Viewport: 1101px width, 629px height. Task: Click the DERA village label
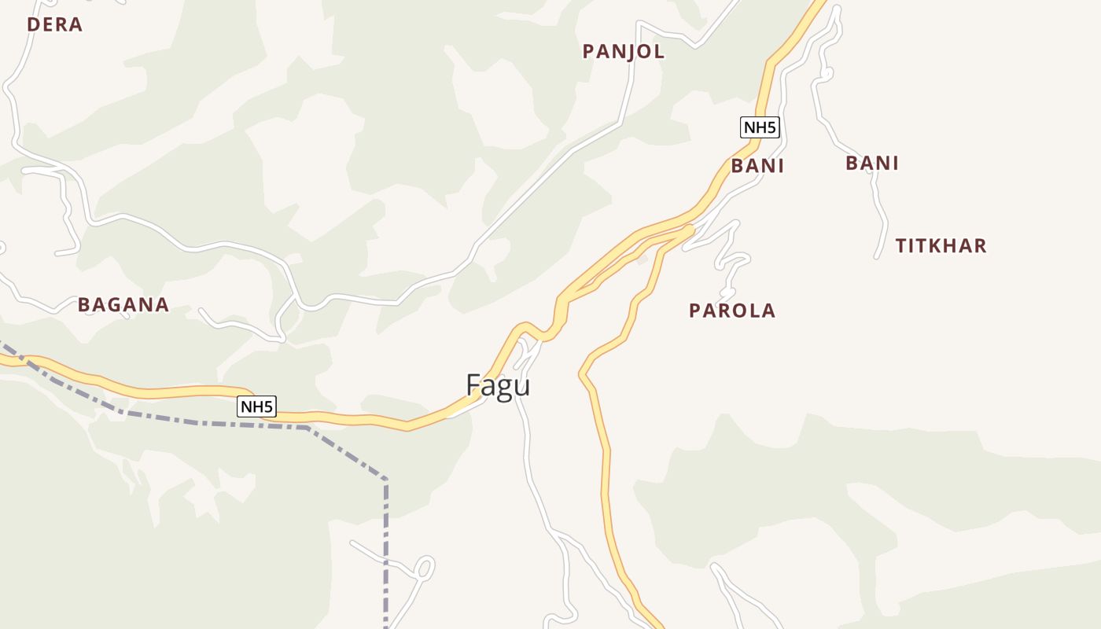tap(54, 24)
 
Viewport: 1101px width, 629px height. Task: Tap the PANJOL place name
tap(624, 52)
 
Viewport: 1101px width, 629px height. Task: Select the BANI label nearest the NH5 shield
tap(757, 166)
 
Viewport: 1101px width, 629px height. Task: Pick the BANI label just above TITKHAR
tap(871, 164)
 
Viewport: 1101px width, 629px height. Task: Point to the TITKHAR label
tap(941, 246)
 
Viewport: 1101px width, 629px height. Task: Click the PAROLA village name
tap(731, 311)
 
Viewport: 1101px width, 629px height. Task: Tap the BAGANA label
tap(123, 305)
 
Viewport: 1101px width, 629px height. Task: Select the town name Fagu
tap(498, 385)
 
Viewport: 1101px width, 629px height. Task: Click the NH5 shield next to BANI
tap(760, 127)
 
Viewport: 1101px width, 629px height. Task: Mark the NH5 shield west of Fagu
tap(256, 406)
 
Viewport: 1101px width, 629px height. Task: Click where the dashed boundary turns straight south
tap(385, 479)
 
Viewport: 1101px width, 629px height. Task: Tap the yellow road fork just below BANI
tap(689, 230)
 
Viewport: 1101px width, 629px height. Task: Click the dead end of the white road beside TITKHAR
tap(877, 256)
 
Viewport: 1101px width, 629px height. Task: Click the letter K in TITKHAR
tap(940, 246)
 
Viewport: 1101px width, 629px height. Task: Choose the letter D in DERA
tap(33, 24)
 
